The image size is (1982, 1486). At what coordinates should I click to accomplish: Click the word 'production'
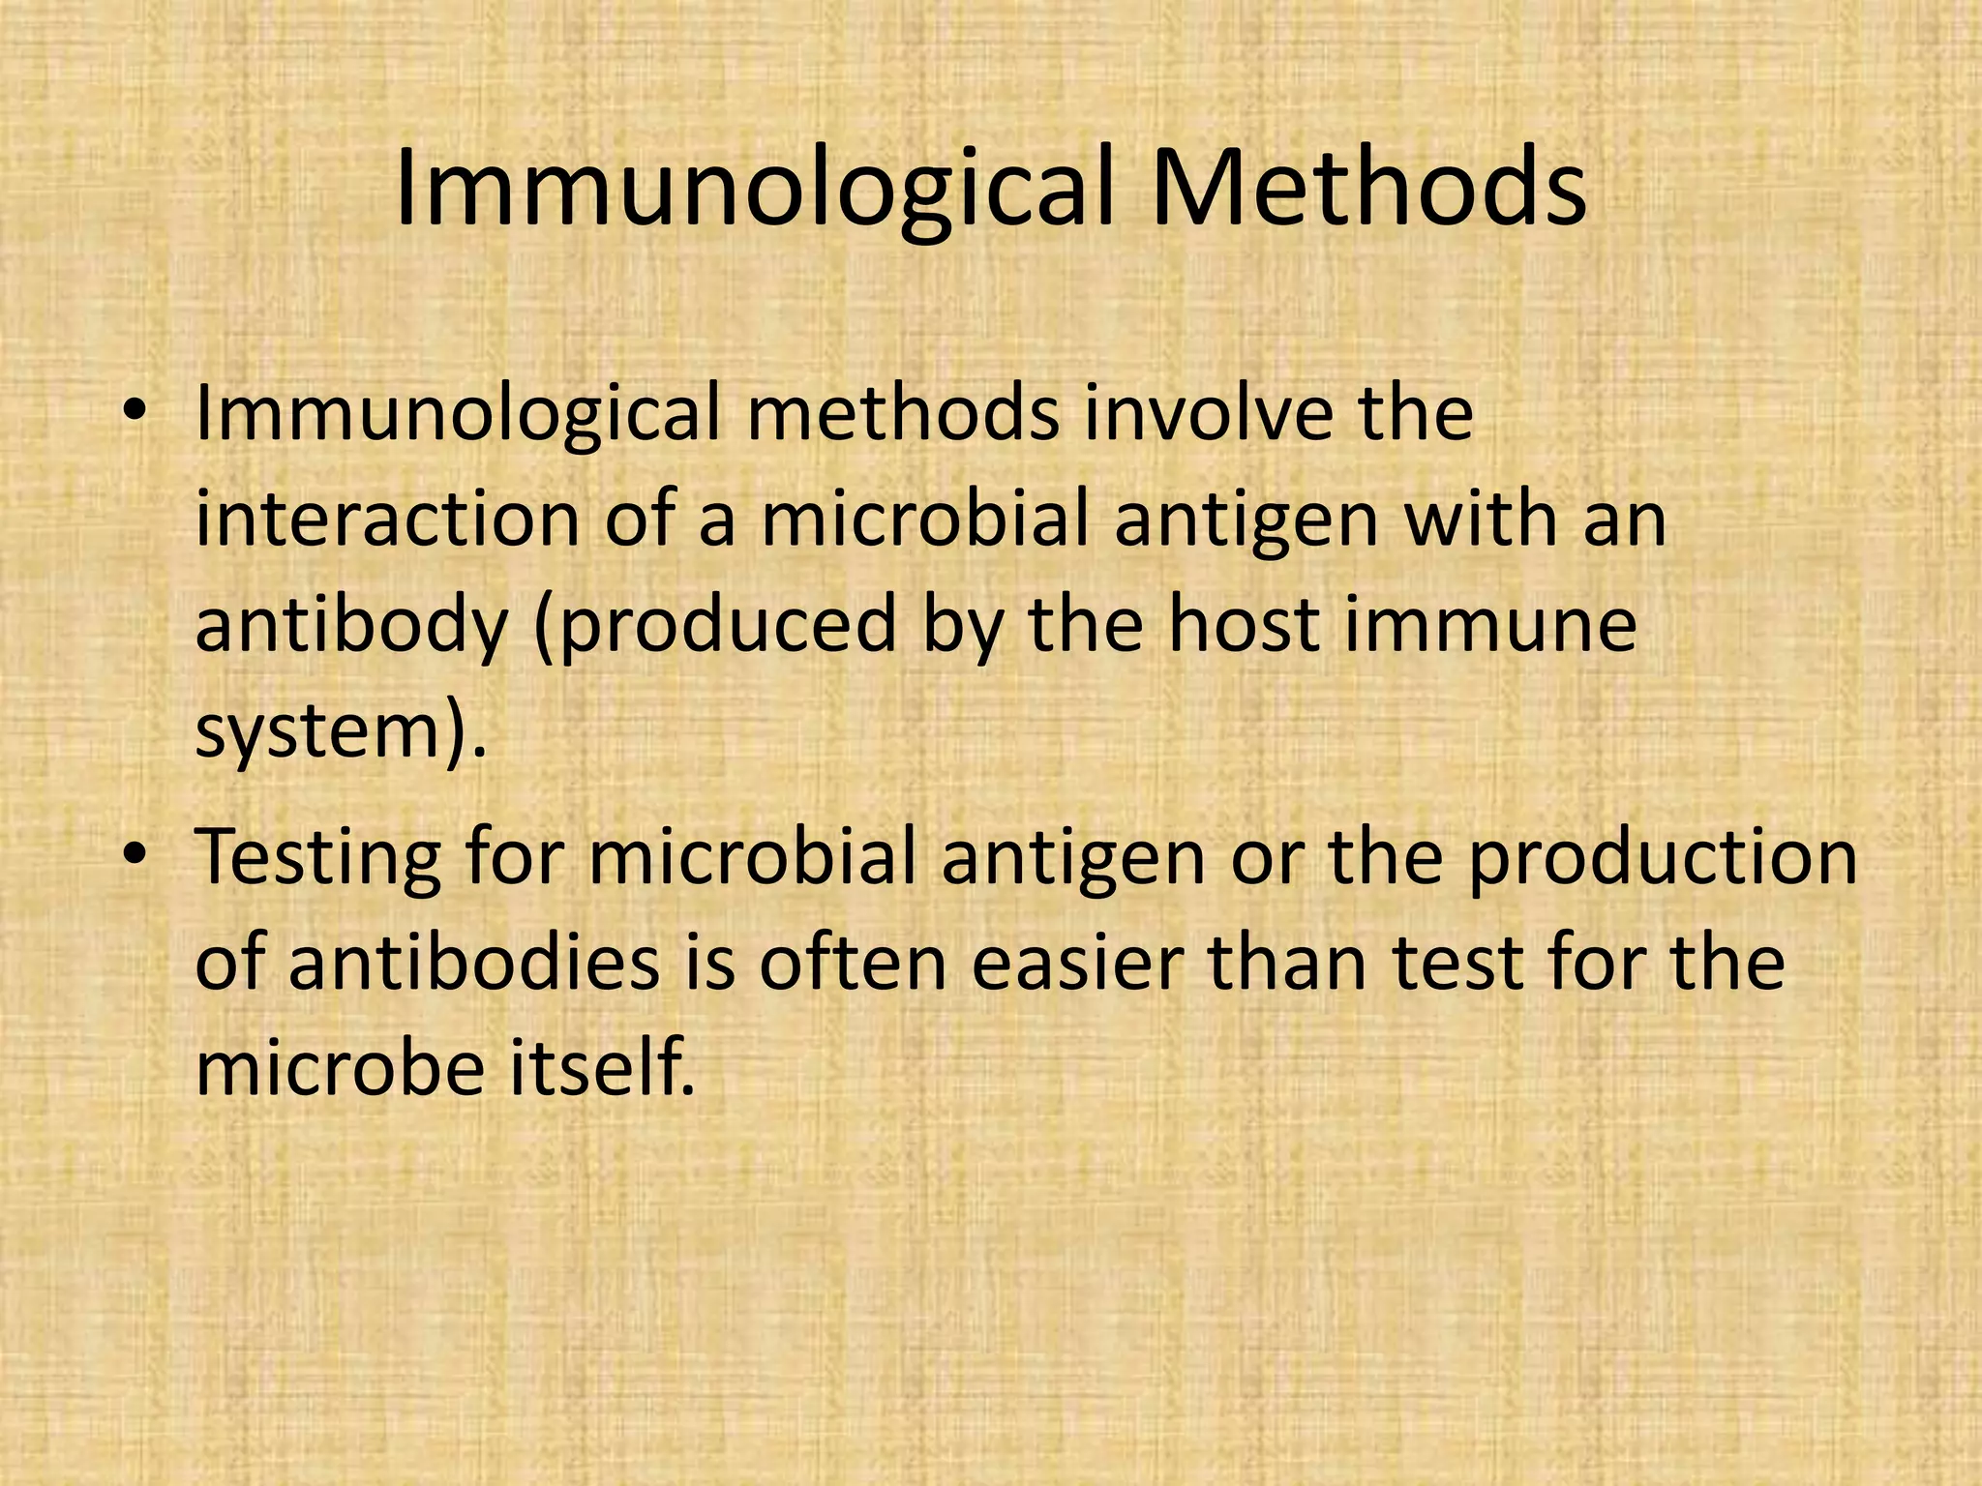pyautogui.click(x=1662, y=858)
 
